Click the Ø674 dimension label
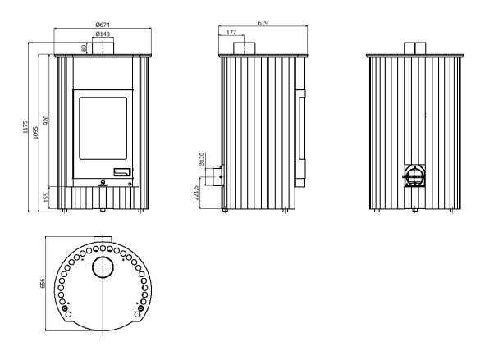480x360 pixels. point(103,25)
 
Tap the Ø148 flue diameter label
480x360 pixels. point(103,34)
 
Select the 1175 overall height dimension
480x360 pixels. point(25,126)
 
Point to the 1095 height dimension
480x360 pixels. point(35,133)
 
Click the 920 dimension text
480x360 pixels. point(46,121)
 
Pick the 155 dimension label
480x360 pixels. point(46,198)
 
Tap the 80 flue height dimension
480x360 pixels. point(84,48)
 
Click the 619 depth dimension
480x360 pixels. point(263,23)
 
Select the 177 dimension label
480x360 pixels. point(231,32)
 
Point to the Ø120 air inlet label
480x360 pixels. point(202,159)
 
